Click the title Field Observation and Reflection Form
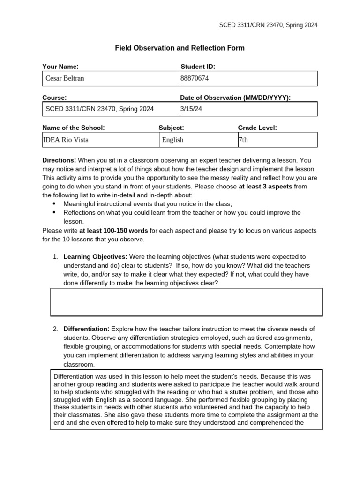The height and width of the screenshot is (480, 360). pos(180,48)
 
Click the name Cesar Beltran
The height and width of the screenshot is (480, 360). pos(65,78)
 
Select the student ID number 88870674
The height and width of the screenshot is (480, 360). pos(195,78)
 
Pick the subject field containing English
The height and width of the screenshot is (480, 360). pos(172,140)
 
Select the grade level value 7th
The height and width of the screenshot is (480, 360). pos(243,140)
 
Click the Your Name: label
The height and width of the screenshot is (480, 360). pos(60,67)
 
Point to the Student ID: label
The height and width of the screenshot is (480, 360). pos(198,67)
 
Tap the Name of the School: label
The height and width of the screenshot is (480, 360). pos(74,127)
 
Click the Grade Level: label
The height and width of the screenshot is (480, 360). pos(257,127)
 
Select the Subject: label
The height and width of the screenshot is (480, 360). pos(171,127)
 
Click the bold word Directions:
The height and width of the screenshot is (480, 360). pos(59,160)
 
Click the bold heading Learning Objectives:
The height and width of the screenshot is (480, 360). pos(95,257)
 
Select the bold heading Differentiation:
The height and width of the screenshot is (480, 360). pos(86,329)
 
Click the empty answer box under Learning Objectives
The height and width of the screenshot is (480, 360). pos(186,302)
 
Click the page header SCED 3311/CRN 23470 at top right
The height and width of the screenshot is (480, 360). pos(268,25)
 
